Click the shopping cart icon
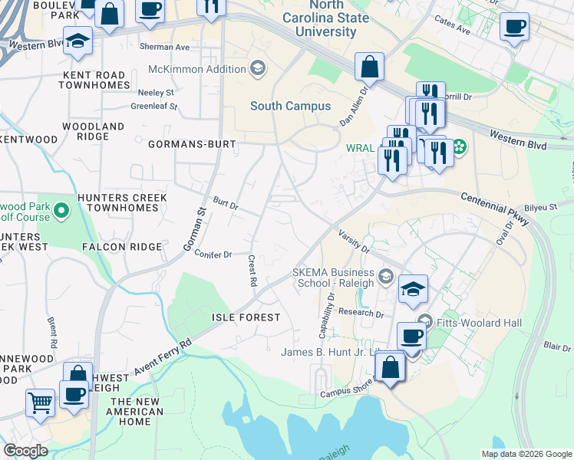(x=40, y=401)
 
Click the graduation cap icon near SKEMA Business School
(x=414, y=289)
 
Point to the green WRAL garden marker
(x=459, y=146)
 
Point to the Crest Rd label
(x=252, y=271)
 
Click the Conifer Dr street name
(x=213, y=254)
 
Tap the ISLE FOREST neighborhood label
(x=244, y=316)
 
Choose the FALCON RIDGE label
(x=122, y=247)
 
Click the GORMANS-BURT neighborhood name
(x=190, y=143)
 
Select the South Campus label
(x=290, y=106)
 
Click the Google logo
(x=25, y=451)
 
